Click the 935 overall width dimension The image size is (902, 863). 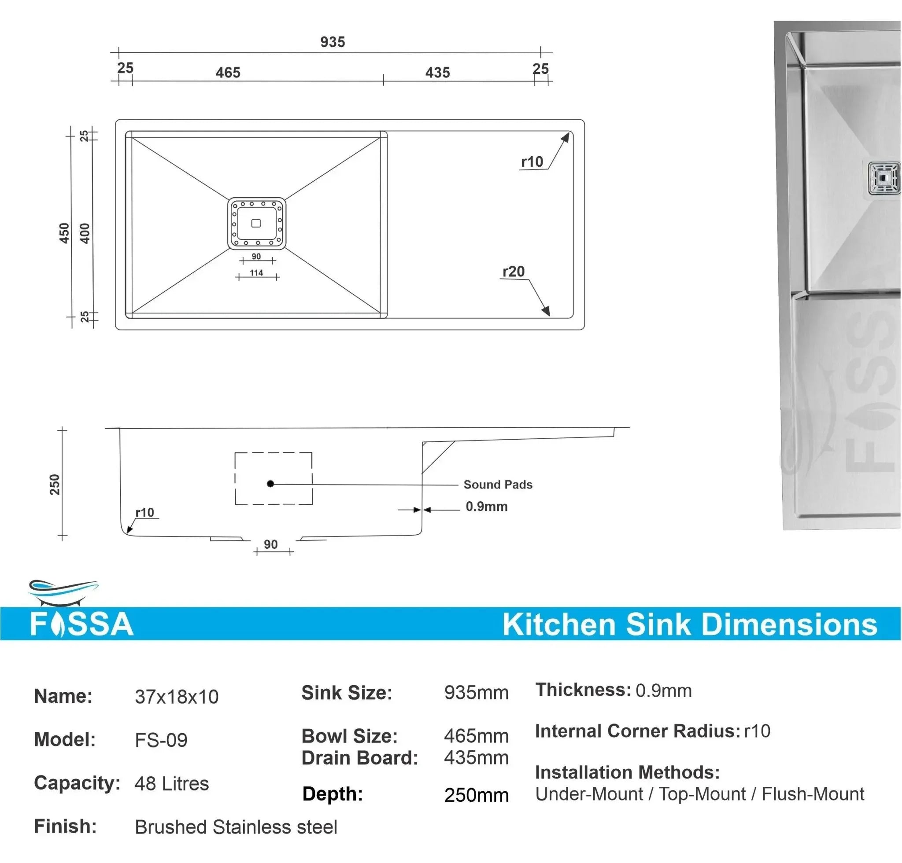click(332, 42)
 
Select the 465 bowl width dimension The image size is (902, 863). click(228, 72)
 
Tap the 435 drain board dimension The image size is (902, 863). click(437, 72)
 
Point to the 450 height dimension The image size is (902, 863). click(64, 233)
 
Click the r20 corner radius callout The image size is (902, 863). click(514, 271)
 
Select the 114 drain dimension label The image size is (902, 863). click(256, 273)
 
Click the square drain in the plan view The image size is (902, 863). click(256, 224)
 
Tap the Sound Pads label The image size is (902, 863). click(498, 484)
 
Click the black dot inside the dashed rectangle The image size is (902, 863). click(270, 483)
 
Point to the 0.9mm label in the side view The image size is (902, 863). click(486, 506)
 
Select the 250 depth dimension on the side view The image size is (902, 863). click(55, 484)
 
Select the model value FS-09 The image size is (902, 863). click(161, 740)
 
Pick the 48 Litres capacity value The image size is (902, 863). click(172, 783)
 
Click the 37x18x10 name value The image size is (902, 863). click(177, 697)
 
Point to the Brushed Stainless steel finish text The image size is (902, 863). click(236, 827)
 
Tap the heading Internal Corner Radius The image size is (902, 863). click(637, 731)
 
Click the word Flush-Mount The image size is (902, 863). click(813, 794)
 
